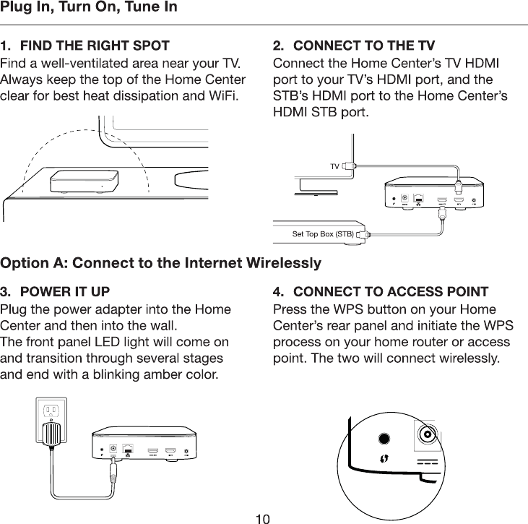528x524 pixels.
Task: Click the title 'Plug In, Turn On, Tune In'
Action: click(89, 9)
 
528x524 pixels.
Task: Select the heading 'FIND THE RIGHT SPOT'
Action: click(95, 47)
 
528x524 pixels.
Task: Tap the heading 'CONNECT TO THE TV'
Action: click(364, 47)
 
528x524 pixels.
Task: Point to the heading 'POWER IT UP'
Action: click(65, 292)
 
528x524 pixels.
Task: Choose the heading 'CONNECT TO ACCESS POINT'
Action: click(391, 292)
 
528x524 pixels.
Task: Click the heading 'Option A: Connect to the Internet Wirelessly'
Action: click(161, 262)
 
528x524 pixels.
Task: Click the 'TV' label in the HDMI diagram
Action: click(334, 167)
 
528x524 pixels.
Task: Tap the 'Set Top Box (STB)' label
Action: click(322, 234)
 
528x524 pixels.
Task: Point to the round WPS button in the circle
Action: click(385, 438)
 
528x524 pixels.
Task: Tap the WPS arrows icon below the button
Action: click(385, 458)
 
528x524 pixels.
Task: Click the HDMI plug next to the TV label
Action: click(349, 166)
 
